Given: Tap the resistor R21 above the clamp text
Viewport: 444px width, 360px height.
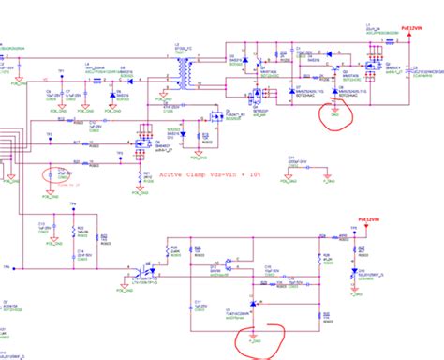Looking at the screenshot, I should [x=141, y=174].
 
